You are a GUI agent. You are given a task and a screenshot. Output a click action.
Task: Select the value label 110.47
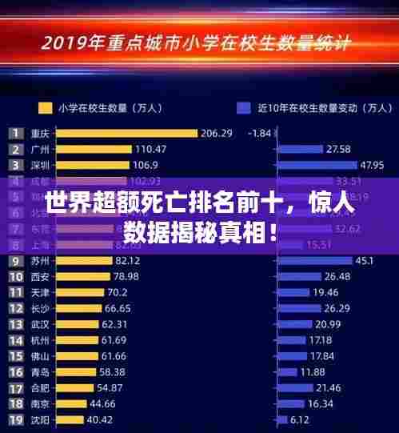pos(150,149)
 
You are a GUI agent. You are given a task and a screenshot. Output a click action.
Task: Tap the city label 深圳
pos(40,165)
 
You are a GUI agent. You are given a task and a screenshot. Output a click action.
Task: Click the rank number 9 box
pos(15,260)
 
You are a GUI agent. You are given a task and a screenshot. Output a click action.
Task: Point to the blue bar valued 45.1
pos(313,260)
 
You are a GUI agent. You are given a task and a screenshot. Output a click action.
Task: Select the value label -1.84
pos(260,133)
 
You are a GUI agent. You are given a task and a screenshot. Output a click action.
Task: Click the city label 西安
pos(40,276)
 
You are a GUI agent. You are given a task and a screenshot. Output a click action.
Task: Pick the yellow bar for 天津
pos(79,292)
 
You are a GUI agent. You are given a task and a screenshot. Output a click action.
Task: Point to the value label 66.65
pos(118,308)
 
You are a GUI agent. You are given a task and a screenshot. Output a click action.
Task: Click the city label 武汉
pos(40,324)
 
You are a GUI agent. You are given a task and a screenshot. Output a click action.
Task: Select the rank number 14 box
pos(15,340)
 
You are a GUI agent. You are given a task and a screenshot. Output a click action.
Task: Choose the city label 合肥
pos(40,387)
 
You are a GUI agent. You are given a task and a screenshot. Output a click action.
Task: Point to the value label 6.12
pos(300,419)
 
